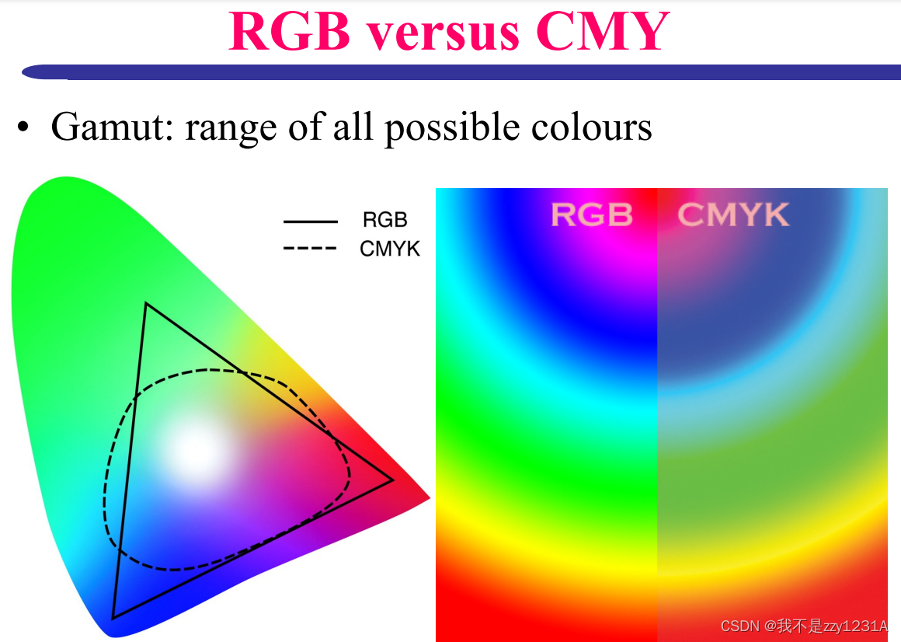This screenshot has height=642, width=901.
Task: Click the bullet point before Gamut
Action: click(x=25, y=128)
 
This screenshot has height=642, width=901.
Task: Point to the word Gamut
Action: click(x=111, y=127)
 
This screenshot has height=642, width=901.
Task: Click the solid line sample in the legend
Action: click(x=310, y=222)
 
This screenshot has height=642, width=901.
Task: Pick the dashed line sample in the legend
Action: click(x=310, y=249)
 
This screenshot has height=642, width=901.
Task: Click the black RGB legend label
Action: click(x=384, y=221)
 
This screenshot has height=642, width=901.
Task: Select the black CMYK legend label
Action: click(x=390, y=249)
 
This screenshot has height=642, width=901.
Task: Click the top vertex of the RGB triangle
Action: click(x=146, y=304)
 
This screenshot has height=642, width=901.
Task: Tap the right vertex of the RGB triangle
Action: click(x=391, y=480)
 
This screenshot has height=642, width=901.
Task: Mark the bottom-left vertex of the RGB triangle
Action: click(x=113, y=617)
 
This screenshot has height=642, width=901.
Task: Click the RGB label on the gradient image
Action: click(x=592, y=215)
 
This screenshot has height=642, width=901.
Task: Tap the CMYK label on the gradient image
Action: click(x=733, y=215)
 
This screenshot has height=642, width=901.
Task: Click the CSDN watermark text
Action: click(x=803, y=626)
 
